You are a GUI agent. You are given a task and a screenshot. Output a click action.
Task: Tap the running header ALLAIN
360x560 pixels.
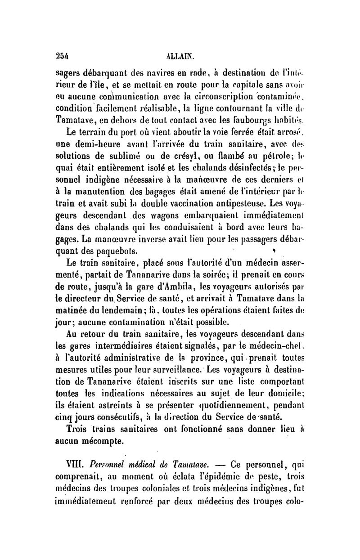coord(180,57)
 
